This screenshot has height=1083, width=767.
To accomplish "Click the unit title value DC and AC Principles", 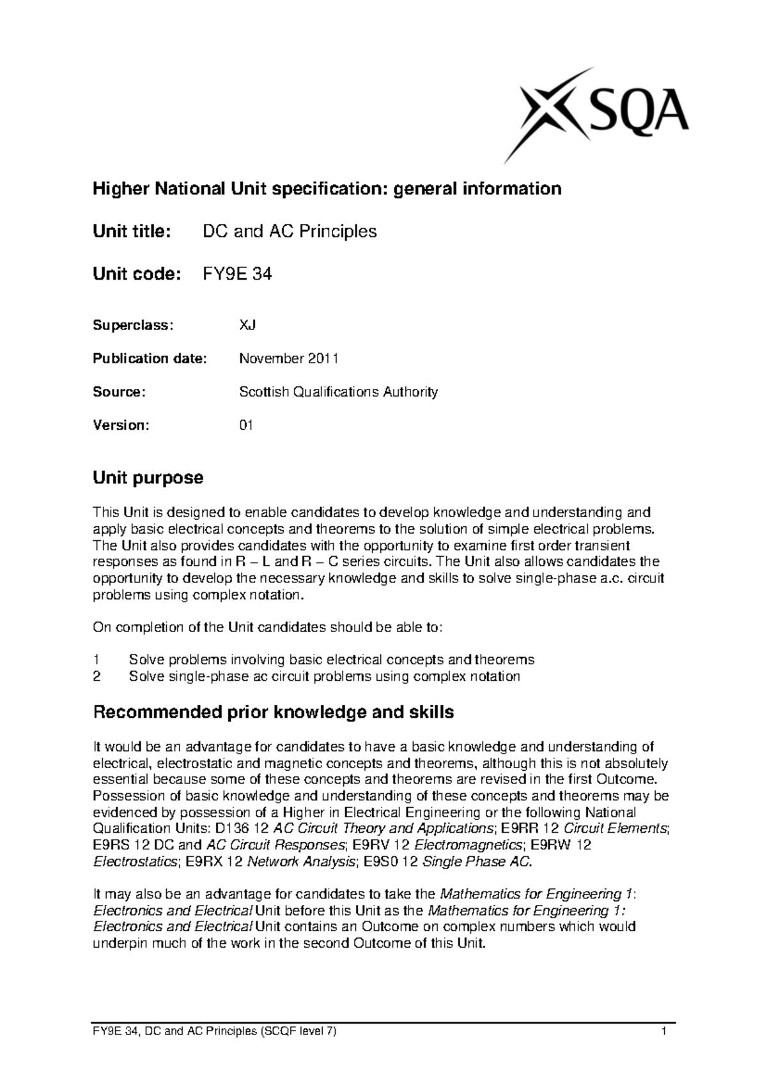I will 290,231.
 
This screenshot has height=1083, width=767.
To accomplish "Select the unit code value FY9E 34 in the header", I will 237,275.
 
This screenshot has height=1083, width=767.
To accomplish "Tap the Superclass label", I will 133,325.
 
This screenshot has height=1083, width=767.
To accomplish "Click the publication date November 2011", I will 288,358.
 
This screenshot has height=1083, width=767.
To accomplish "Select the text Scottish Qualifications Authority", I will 338,391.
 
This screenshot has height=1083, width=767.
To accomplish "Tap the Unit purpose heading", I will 148,477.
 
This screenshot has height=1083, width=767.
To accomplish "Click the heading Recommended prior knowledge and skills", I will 274,712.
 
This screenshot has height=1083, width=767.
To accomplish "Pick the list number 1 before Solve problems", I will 97,660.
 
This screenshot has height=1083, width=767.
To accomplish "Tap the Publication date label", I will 150,358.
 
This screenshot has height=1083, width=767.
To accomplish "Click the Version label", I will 121,425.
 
